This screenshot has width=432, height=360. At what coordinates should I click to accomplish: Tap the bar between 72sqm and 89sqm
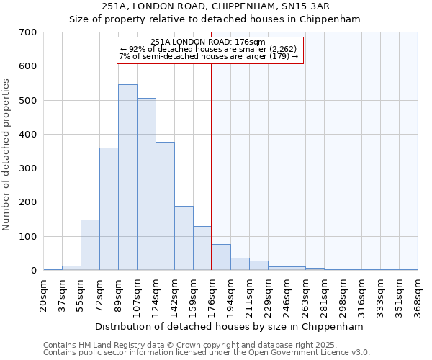(109, 209)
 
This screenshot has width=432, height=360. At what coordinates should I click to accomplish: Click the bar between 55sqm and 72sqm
(90, 245)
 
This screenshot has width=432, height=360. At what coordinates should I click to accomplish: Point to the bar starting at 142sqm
(184, 238)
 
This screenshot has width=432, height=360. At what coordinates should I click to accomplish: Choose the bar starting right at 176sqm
(221, 257)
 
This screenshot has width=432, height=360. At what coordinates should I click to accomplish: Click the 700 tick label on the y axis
(28, 32)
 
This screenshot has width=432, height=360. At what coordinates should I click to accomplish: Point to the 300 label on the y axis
(28, 168)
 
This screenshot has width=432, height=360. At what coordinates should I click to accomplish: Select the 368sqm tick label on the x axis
(418, 296)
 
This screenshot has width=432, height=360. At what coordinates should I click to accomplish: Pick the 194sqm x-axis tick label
(231, 296)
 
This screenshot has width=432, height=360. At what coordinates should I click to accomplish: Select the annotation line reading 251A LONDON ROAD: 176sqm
(209, 42)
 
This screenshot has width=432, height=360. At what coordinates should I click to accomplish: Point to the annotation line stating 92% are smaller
(209, 49)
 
